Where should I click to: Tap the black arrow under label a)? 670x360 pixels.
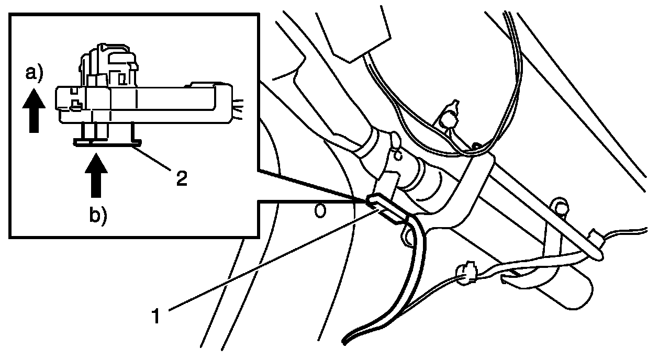(x=33, y=110)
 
